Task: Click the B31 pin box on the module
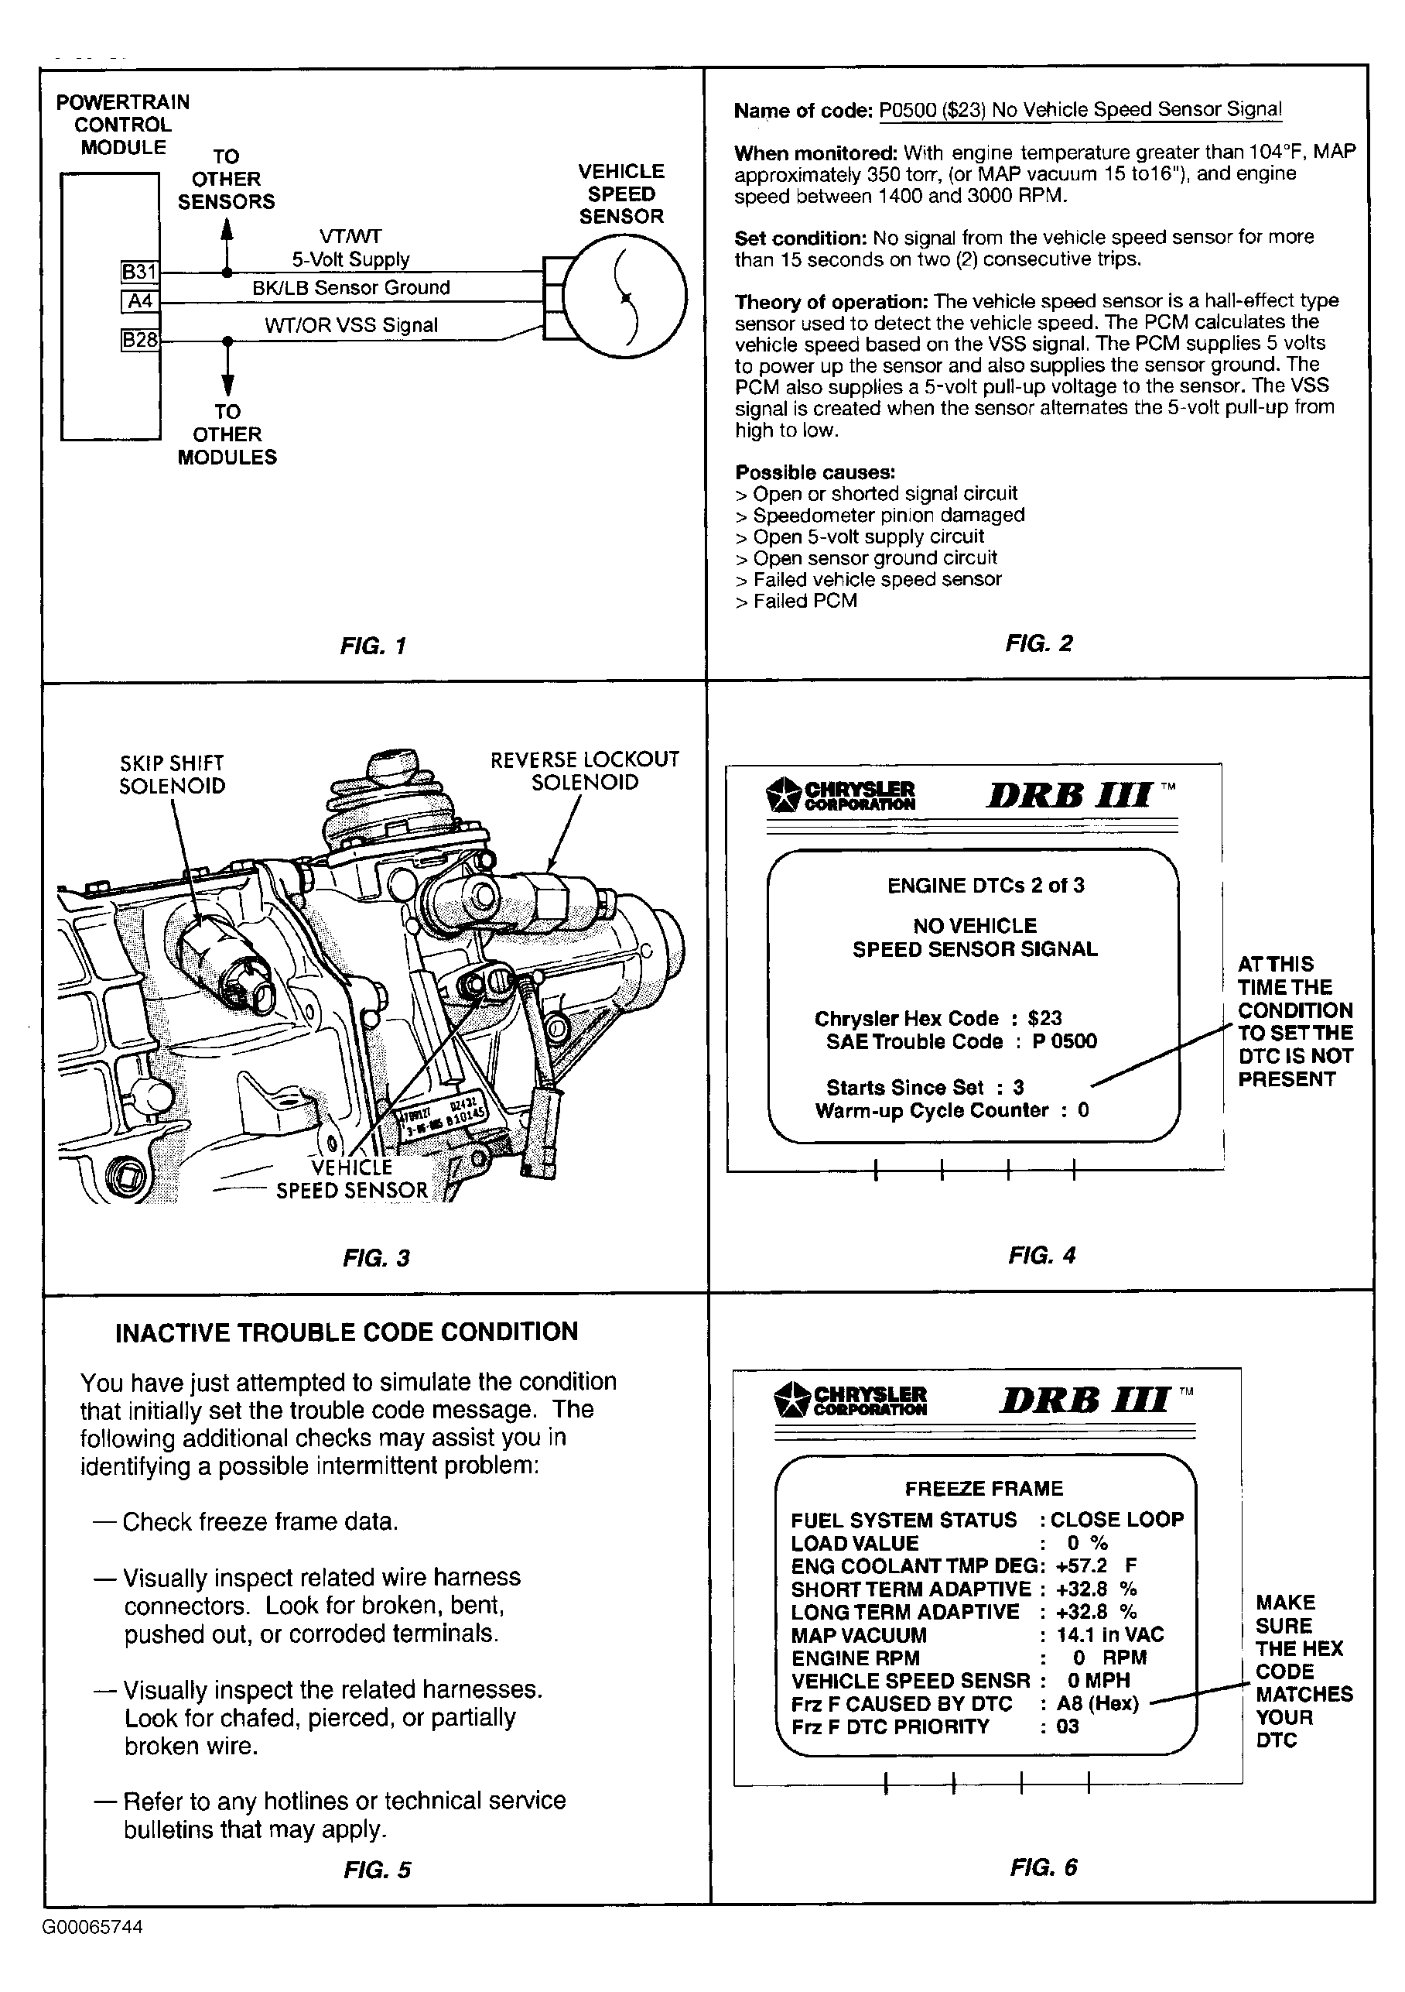tap(139, 272)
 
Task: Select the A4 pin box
tap(139, 301)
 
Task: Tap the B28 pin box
tap(139, 340)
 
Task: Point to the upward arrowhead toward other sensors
tap(227, 228)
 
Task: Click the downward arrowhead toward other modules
tap(227, 384)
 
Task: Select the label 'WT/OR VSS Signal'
tap(351, 325)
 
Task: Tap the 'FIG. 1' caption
tap(374, 646)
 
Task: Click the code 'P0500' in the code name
tap(908, 110)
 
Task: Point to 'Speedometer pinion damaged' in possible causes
tap(889, 516)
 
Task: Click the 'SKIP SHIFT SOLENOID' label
tap(172, 775)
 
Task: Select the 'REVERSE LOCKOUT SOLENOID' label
tap(585, 770)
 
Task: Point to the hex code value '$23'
tap(1044, 1019)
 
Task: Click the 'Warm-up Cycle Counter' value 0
tap(1083, 1110)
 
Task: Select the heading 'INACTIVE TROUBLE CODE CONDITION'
tap(347, 1332)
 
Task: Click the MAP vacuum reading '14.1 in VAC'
tap(1110, 1634)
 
